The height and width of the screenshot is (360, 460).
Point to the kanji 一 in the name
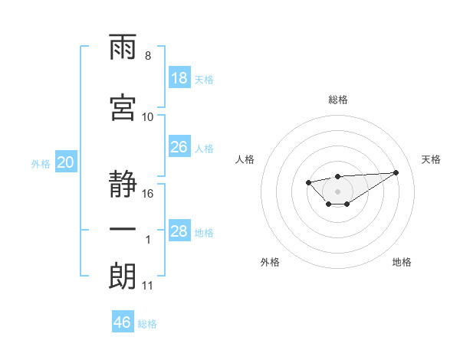coord(123,230)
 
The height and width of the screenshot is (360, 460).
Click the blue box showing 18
coord(179,78)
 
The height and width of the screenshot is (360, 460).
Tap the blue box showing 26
coord(179,147)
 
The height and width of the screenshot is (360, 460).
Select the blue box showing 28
coord(179,231)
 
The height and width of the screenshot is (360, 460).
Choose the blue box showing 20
coord(66,162)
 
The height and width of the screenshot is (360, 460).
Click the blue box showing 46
coord(123,322)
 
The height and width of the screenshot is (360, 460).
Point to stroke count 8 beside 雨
coord(147,56)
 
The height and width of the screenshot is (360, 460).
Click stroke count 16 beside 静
coord(149,194)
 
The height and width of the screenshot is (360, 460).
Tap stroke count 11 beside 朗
coord(148,286)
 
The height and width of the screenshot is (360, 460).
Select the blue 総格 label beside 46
coord(148,324)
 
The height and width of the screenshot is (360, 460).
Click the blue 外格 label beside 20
coord(41,163)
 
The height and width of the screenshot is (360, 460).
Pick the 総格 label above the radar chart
coord(337,100)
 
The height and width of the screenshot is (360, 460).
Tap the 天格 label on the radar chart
coord(432,159)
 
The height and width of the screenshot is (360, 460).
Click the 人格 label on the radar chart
coord(245,159)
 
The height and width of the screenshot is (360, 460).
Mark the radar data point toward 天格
coord(396,172)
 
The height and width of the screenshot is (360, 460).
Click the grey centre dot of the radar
coord(337,191)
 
